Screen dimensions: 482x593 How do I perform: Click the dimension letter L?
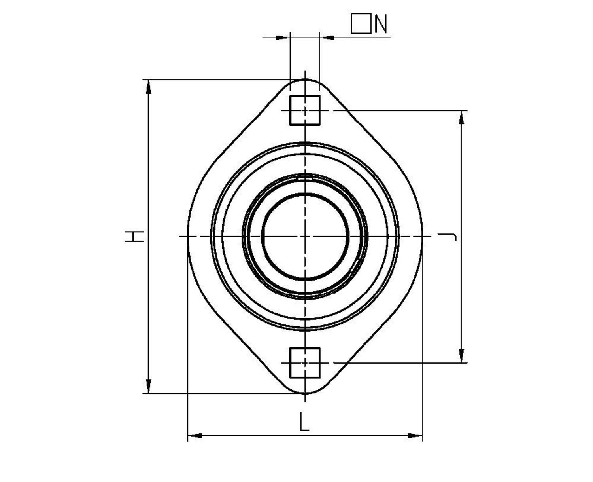point(304,422)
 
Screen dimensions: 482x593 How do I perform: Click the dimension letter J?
point(450,236)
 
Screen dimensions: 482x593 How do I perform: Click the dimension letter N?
point(381,24)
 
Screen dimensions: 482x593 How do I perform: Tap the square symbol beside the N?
point(361,24)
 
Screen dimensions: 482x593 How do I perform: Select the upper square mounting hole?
point(305,110)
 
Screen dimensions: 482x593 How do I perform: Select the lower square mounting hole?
point(305,362)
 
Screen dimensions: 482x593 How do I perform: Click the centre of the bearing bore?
point(305,236)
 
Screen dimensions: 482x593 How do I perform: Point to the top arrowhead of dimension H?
point(149,86)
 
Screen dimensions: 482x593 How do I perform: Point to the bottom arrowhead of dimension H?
point(149,387)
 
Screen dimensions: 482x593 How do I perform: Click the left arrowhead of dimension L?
point(195,436)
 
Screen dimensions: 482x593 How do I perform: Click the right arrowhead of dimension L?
point(415,436)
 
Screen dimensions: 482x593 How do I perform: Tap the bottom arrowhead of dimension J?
point(461,356)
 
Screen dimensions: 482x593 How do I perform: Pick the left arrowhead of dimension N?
point(282,38)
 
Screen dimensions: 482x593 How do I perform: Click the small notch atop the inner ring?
point(305,177)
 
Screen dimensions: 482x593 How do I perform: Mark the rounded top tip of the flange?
point(305,80)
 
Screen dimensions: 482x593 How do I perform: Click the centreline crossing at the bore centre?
point(305,236)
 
